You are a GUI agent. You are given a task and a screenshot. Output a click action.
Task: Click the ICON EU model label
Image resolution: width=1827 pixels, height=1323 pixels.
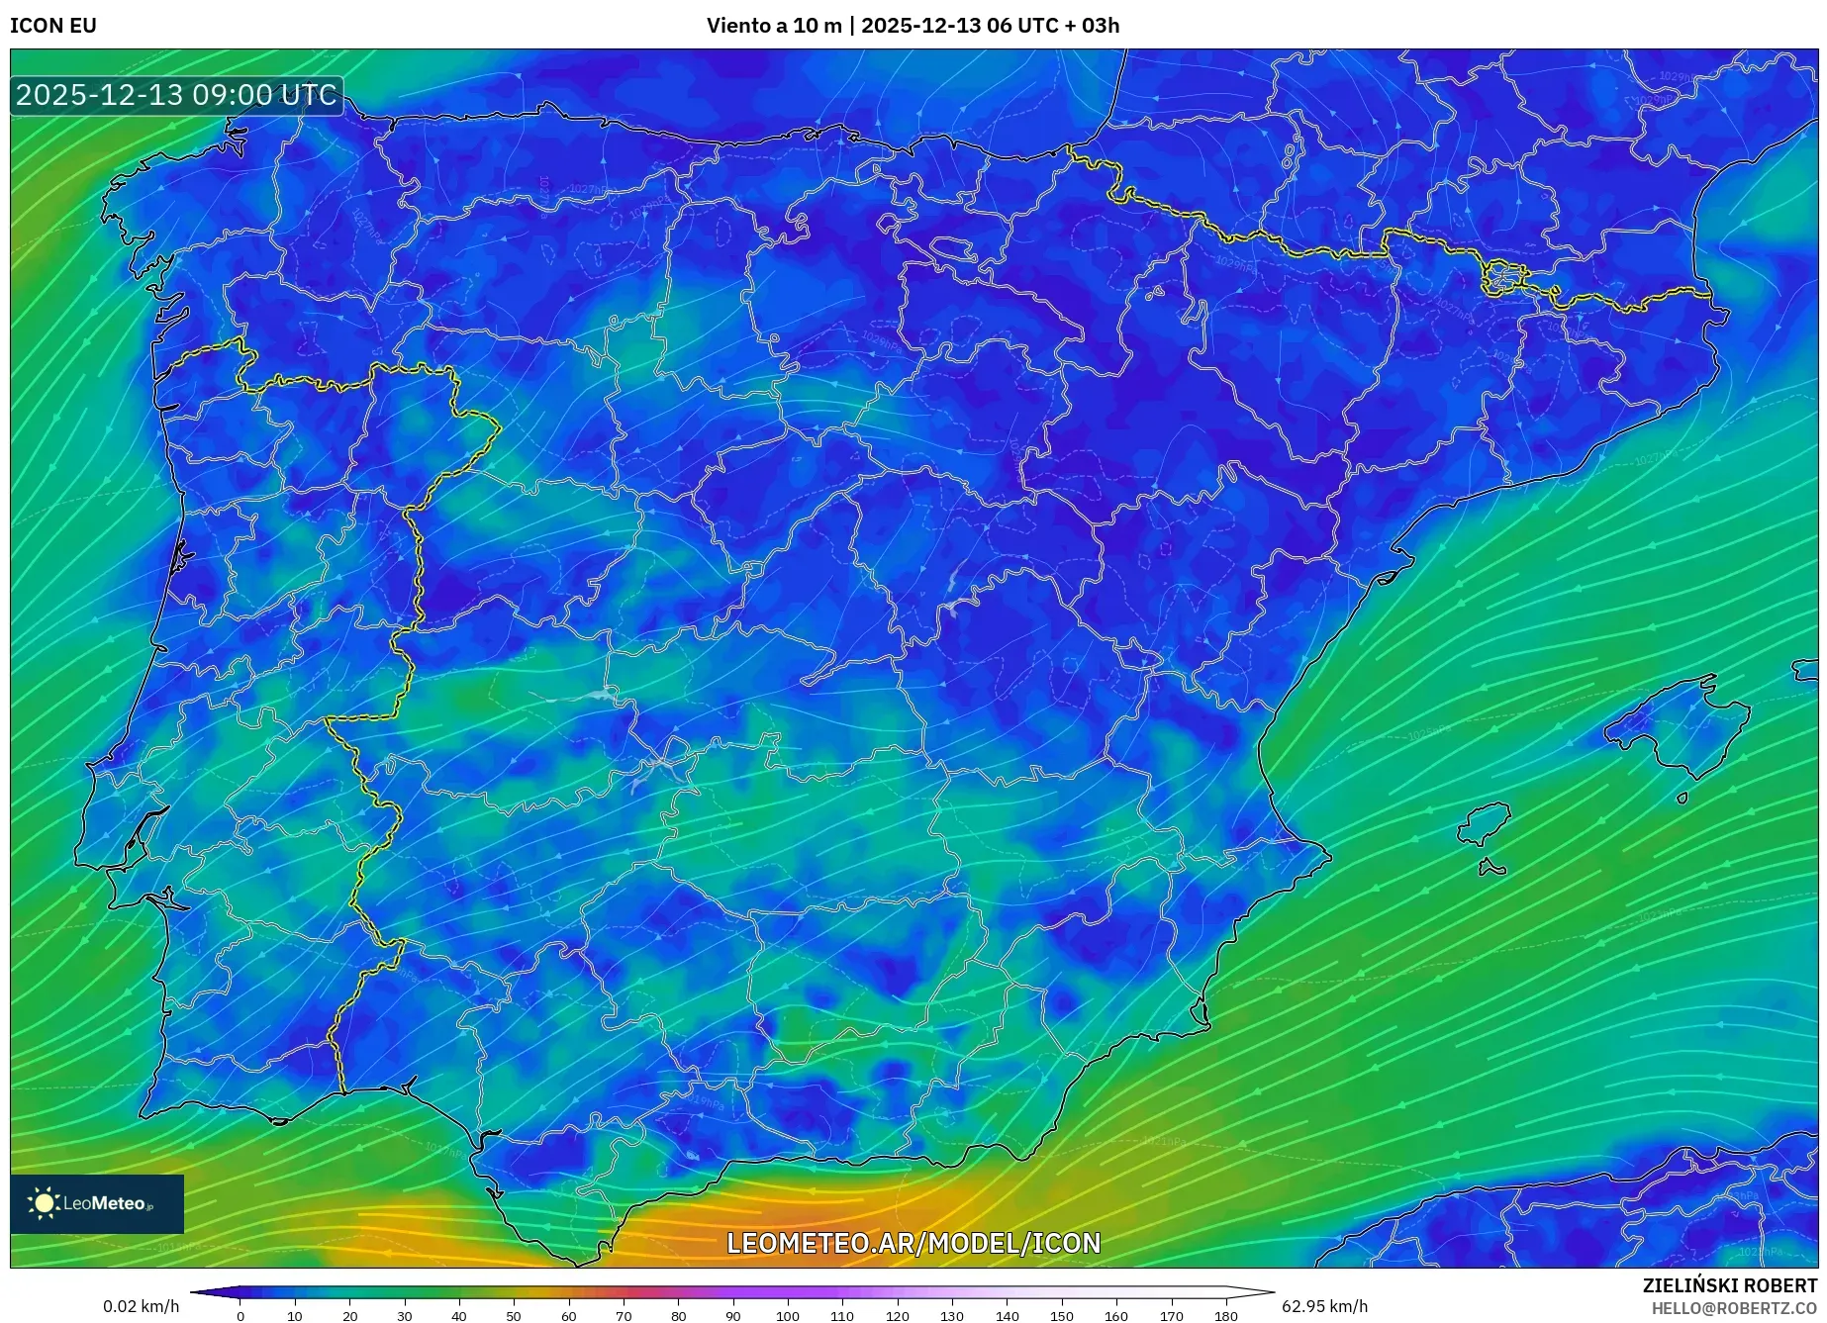point(53,26)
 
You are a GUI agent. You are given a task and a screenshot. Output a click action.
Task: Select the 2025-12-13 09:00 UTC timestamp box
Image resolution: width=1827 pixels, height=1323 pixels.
point(177,96)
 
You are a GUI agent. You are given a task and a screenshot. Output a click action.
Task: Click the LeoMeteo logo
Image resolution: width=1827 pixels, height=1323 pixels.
point(97,1203)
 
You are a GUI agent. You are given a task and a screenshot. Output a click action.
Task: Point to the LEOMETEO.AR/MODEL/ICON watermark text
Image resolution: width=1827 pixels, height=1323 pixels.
point(913,1243)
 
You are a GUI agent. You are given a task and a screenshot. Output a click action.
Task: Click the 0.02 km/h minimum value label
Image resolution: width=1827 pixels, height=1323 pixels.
point(141,1306)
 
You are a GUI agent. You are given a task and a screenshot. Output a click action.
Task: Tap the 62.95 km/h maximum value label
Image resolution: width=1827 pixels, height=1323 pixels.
point(1324,1306)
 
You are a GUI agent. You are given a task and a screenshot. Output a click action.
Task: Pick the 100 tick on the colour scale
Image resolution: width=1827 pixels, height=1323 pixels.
point(787,1316)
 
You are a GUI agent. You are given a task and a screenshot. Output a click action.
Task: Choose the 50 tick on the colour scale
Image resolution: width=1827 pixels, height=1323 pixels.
point(513,1316)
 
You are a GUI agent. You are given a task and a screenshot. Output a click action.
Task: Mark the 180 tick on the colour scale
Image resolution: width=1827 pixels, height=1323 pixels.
point(1225,1316)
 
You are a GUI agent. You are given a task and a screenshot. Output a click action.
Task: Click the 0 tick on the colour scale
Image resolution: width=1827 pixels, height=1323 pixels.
point(240,1316)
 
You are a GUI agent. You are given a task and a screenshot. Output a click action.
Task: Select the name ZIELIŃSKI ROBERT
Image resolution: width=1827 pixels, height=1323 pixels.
point(1729,1286)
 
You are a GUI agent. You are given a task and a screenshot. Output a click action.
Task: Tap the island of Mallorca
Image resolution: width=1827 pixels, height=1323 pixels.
point(1678,727)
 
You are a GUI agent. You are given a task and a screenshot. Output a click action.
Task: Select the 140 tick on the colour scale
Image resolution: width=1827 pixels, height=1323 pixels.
point(1007,1316)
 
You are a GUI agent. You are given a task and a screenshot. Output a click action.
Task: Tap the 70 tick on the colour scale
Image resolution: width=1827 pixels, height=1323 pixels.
point(623,1316)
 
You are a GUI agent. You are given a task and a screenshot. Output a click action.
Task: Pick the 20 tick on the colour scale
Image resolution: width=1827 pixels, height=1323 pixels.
point(349,1316)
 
